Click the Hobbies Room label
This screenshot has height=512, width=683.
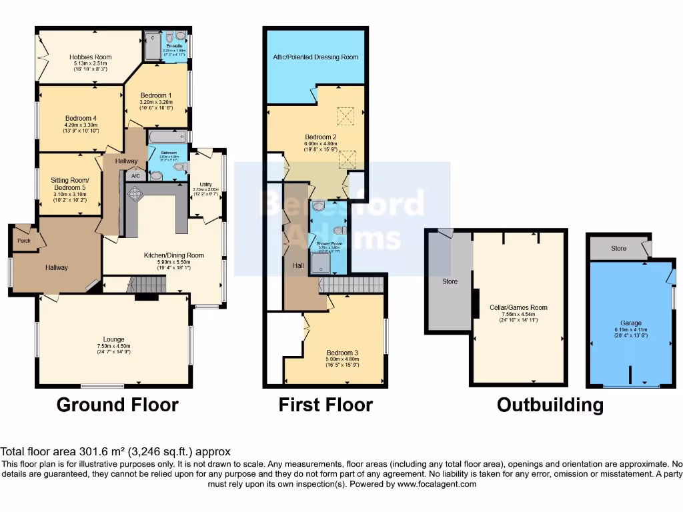click(90, 57)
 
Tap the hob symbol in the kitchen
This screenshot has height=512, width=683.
click(136, 193)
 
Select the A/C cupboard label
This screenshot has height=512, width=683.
click(135, 176)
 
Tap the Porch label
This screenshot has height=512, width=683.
click(23, 241)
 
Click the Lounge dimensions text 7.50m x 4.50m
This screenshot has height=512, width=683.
click(113, 346)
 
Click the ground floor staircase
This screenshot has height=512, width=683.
click(147, 285)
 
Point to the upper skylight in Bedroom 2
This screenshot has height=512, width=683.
click(346, 117)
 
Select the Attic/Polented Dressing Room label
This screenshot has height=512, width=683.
click(315, 57)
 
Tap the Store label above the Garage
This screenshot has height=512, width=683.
click(618, 249)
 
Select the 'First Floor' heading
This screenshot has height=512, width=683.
click(325, 405)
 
